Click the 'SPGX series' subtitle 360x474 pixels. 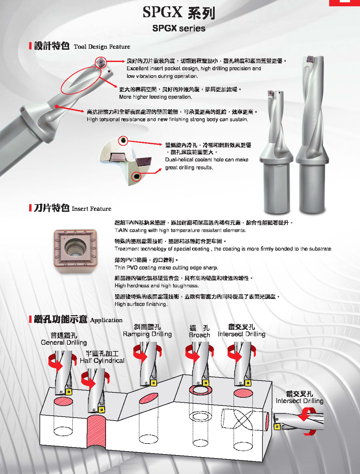click(179, 28)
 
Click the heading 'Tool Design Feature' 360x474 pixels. click(102, 47)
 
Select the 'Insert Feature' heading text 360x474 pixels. click(91, 208)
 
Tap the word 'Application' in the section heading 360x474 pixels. click(106, 320)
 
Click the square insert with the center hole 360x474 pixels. click(75, 251)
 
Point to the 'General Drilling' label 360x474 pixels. click(64, 342)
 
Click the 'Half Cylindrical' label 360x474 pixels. click(102, 361)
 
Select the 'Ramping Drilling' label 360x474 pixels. click(147, 334)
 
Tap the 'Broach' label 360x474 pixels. click(199, 335)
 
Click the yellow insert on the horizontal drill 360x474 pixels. click(277, 427)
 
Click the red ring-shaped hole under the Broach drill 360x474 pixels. click(200, 390)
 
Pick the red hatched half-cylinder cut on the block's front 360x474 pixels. click(97, 432)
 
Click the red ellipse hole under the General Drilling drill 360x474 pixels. click(63, 401)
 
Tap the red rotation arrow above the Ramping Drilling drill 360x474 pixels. click(140, 354)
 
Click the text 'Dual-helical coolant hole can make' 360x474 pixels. click(207, 160)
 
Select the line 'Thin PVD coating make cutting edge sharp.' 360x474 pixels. click(166, 268)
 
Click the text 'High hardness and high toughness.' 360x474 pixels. click(157, 286)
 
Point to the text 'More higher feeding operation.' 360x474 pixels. click(156, 97)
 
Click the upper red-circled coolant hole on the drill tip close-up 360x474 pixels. click(123, 141)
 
